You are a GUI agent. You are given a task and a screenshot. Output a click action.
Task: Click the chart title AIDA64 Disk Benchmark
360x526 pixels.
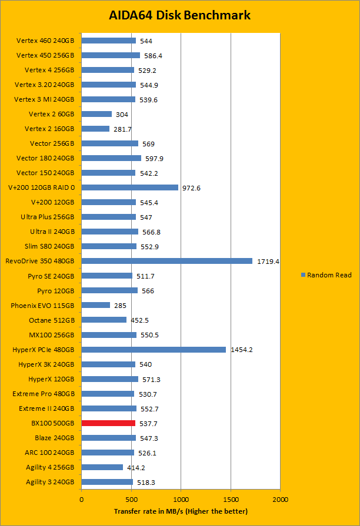[180, 15]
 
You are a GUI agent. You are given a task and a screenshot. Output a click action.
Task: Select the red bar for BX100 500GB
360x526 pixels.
[108, 423]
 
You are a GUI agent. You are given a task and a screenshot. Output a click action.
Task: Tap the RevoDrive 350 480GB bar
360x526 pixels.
[166, 261]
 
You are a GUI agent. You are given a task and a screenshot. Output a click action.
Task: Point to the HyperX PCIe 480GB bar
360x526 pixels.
[154, 350]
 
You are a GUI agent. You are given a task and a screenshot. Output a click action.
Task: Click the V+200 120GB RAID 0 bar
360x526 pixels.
[129, 187]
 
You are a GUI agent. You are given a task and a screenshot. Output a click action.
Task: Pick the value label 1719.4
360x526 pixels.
[268, 262]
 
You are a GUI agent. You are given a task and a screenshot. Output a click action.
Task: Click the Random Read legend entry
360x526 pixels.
[326, 275]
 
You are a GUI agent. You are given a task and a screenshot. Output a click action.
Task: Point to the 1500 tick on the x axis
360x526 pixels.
[231, 499]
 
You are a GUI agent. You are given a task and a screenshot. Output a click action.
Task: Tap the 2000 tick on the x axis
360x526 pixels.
[280, 499]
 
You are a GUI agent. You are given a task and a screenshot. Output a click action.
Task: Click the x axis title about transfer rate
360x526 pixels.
[181, 511]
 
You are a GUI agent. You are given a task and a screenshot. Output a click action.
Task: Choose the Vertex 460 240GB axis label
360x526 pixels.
[45, 41]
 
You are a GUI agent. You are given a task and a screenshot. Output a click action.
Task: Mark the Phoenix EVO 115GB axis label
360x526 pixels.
[42, 306]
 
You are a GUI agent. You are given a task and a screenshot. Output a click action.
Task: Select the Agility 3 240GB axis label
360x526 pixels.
[50, 483]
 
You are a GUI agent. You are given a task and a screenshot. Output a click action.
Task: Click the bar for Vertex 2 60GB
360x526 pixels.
[96, 114]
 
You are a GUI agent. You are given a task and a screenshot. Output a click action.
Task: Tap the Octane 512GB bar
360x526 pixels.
[104, 320]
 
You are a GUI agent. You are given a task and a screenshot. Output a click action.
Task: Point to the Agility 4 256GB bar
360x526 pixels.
[102, 467]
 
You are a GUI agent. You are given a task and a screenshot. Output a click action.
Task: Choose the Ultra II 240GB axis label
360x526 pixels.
[48, 232]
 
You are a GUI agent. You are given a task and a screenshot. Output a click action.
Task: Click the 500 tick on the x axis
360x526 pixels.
[131, 499]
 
